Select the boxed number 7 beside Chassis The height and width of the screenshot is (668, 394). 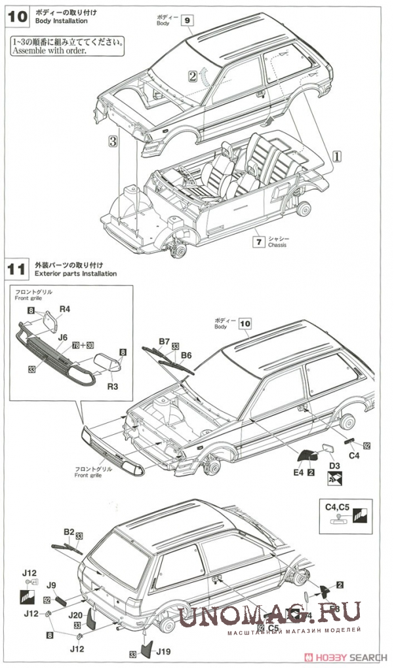click(x=260, y=242)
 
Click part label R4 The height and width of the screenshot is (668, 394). click(x=66, y=309)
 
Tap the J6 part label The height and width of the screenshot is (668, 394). click(x=63, y=338)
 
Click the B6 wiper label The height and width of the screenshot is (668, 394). click(x=186, y=355)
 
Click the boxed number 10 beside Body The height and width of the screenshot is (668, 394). click(x=245, y=323)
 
